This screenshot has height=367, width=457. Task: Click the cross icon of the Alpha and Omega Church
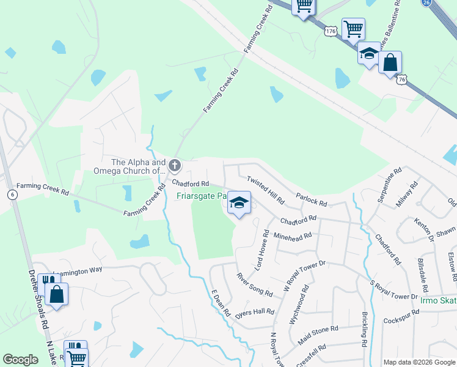point(175,165)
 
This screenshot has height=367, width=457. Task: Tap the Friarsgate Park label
point(202,196)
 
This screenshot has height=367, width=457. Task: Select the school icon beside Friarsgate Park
point(239,202)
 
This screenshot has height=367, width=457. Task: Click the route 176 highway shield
point(331,30)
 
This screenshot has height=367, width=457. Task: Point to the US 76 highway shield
point(401,80)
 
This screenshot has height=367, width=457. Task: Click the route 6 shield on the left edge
point(12,194)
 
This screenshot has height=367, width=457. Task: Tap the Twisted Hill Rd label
point(265,190)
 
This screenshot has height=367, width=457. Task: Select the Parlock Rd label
point(311,199)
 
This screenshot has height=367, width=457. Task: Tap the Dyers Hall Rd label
point(255,312)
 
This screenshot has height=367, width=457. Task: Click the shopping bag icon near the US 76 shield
point(390,62)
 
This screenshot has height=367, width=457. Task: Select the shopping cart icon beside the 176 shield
point(353,28)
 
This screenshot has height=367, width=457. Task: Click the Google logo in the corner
point(20,360)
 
